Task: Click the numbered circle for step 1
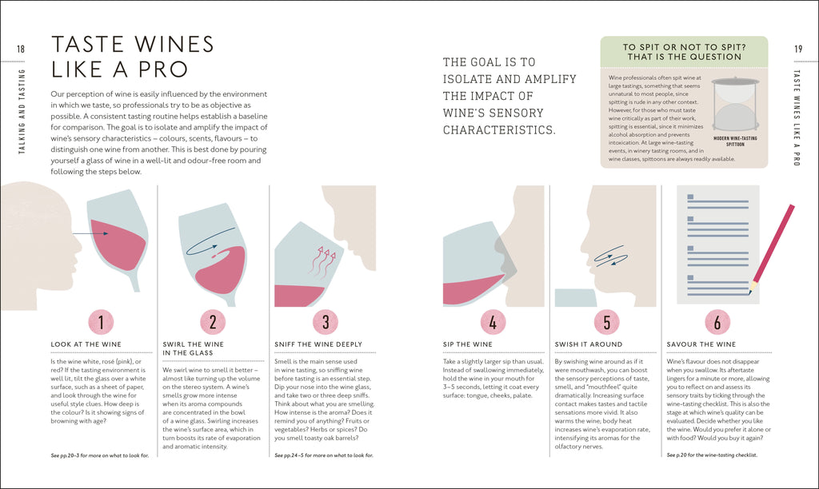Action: [101, 322]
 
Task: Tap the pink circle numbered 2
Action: [213, 322]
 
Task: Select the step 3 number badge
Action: [326, 322]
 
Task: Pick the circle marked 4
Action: [493, 322]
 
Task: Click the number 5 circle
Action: [606, 322]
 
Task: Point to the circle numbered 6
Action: [717, 322]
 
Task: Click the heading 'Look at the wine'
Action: [86, 344]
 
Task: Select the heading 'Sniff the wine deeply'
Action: [318, 344]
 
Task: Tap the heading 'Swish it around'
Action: [589, 344]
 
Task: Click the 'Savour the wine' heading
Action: [701, 344]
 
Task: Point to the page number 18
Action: [21, 49]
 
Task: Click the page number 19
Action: [798, 49]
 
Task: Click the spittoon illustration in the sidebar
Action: [736, 105]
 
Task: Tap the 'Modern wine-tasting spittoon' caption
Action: [735, 141]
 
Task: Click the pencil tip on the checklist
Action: [750, 292]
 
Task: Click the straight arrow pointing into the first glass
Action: [90, 233]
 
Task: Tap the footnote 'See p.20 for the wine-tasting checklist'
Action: [711, 455]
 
